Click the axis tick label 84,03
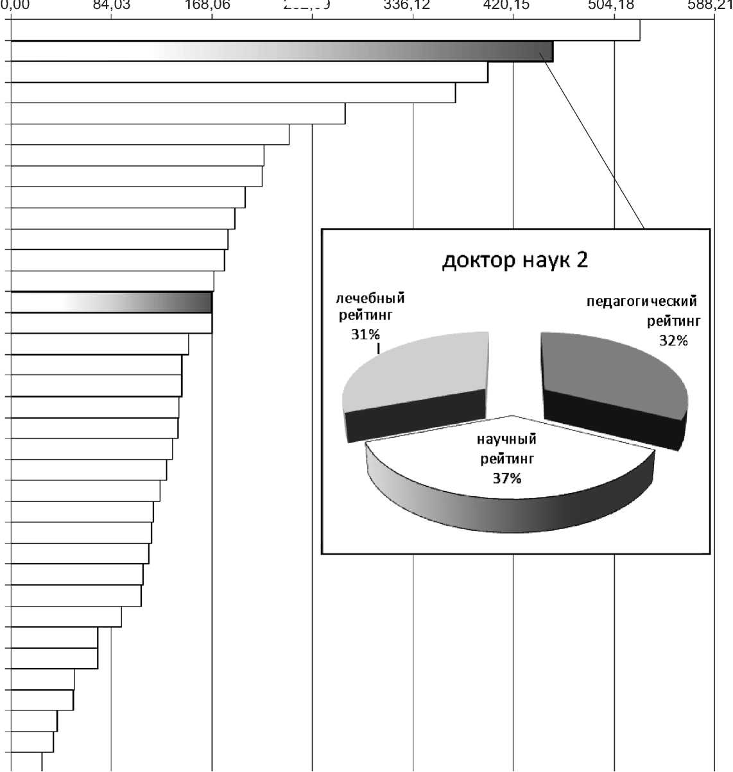point(111,6)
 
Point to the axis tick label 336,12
point(413,6)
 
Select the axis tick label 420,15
point(513,6)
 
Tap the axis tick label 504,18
point(614,6)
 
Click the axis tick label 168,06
point(212,6)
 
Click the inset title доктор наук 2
point(515,260)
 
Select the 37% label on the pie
point(507,478)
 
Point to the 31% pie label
point(365,334)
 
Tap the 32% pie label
point(673,340)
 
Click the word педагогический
point(641,301)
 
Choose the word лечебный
point(371,299)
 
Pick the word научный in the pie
point(506,439)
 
